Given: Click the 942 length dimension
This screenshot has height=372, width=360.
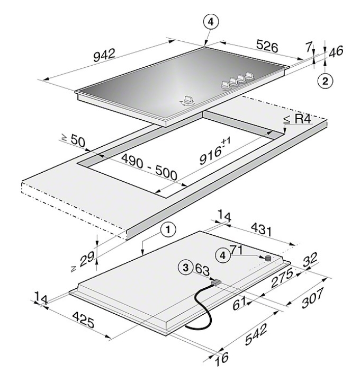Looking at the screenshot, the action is [104, 55].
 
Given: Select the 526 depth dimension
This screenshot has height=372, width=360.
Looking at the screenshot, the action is [267, 46].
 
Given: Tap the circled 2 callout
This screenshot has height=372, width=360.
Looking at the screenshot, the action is [325, 81].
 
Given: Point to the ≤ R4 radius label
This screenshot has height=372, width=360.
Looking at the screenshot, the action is [298, 119].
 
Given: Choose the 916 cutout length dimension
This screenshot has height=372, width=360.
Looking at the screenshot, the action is [214, 152].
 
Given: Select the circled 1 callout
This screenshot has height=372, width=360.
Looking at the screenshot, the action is [168, 229].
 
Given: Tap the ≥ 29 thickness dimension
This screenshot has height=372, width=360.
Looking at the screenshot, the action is [84, 261].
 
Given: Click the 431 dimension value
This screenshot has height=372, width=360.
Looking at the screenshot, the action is [261, 229].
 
